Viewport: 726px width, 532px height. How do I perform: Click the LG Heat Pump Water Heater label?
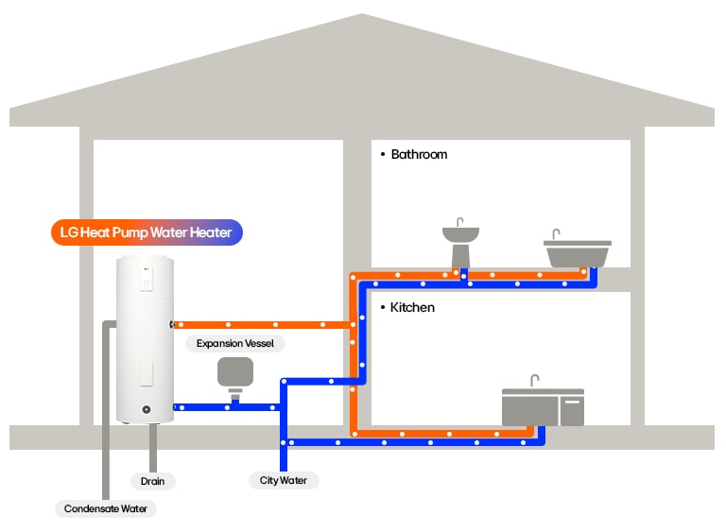pyautogui.click(x=147, y=232)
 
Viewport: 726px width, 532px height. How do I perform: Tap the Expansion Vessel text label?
pyautogui.click(x=235, y=344)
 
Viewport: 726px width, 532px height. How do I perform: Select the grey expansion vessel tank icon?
pyautogui.click(x=235, y=372)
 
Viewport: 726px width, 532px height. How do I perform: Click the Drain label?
pyautogui.click(x=152, y=481)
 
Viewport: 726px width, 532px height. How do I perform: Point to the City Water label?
pyautogui.click(x=284, y=480)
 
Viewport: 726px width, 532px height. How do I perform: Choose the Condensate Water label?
pyautogui.click(x=106, y=508)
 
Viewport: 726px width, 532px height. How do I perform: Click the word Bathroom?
pyautogui.click(x=419, y=154)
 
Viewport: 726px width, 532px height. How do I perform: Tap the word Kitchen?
pyautogui.click(x=412, y=308)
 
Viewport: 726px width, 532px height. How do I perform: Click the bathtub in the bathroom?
pyautogui.click(x=578, y=254)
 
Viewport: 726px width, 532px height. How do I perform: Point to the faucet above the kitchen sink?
pyautogui.click(x=534, y=381)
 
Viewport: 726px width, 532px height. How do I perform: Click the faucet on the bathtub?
pyautogui.click(x=557, y=234)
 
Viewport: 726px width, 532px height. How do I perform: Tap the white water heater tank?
pyautogui.click(x=145, y=340)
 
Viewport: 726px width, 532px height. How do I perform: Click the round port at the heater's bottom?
pyautogui.click(x=146, y=410)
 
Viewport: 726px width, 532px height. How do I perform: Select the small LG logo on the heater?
pyautogui.click(x=147, y=272)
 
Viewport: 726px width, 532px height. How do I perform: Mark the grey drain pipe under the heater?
pyautogui.click(x=152, y=444)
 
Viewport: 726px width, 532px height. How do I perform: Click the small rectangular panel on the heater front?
pyautogui.click(x=146, y=372)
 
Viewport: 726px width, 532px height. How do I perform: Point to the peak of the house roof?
pyautogui.click(x=362, y=16)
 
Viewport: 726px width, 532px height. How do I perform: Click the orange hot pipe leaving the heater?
pyautogui.click(x=255, y=324)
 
